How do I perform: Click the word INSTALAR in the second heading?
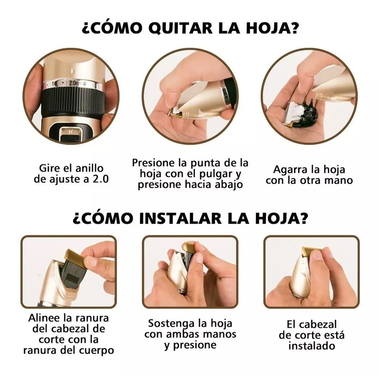(x=179, y=219)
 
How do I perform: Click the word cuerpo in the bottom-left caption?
(x=98, y=350)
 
